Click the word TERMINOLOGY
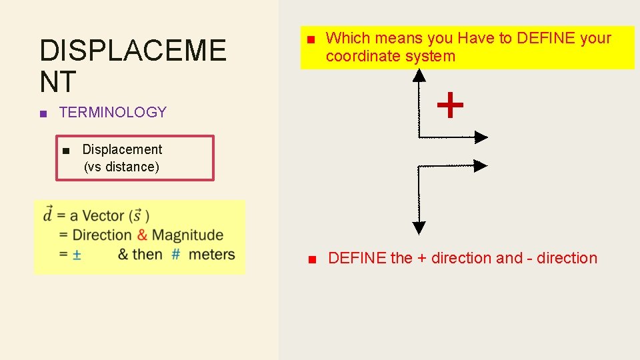click(x=113, y=112)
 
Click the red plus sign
click(x=450, y=105)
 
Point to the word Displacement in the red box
click(x=122, y=149)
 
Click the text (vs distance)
click(x=121, y=167)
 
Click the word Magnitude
click(x=187, y=235)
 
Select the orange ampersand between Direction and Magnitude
click(x=142, y=235)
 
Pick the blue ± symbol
click(x=77, y=255)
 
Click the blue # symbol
click(x=176, y=255)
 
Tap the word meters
click(x=211, y=255)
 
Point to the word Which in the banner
click(x=346, y=38)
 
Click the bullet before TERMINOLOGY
click(x=43, y=113)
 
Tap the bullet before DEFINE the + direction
click(x=311, y=259)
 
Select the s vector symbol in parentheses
click(x=137, y=215)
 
